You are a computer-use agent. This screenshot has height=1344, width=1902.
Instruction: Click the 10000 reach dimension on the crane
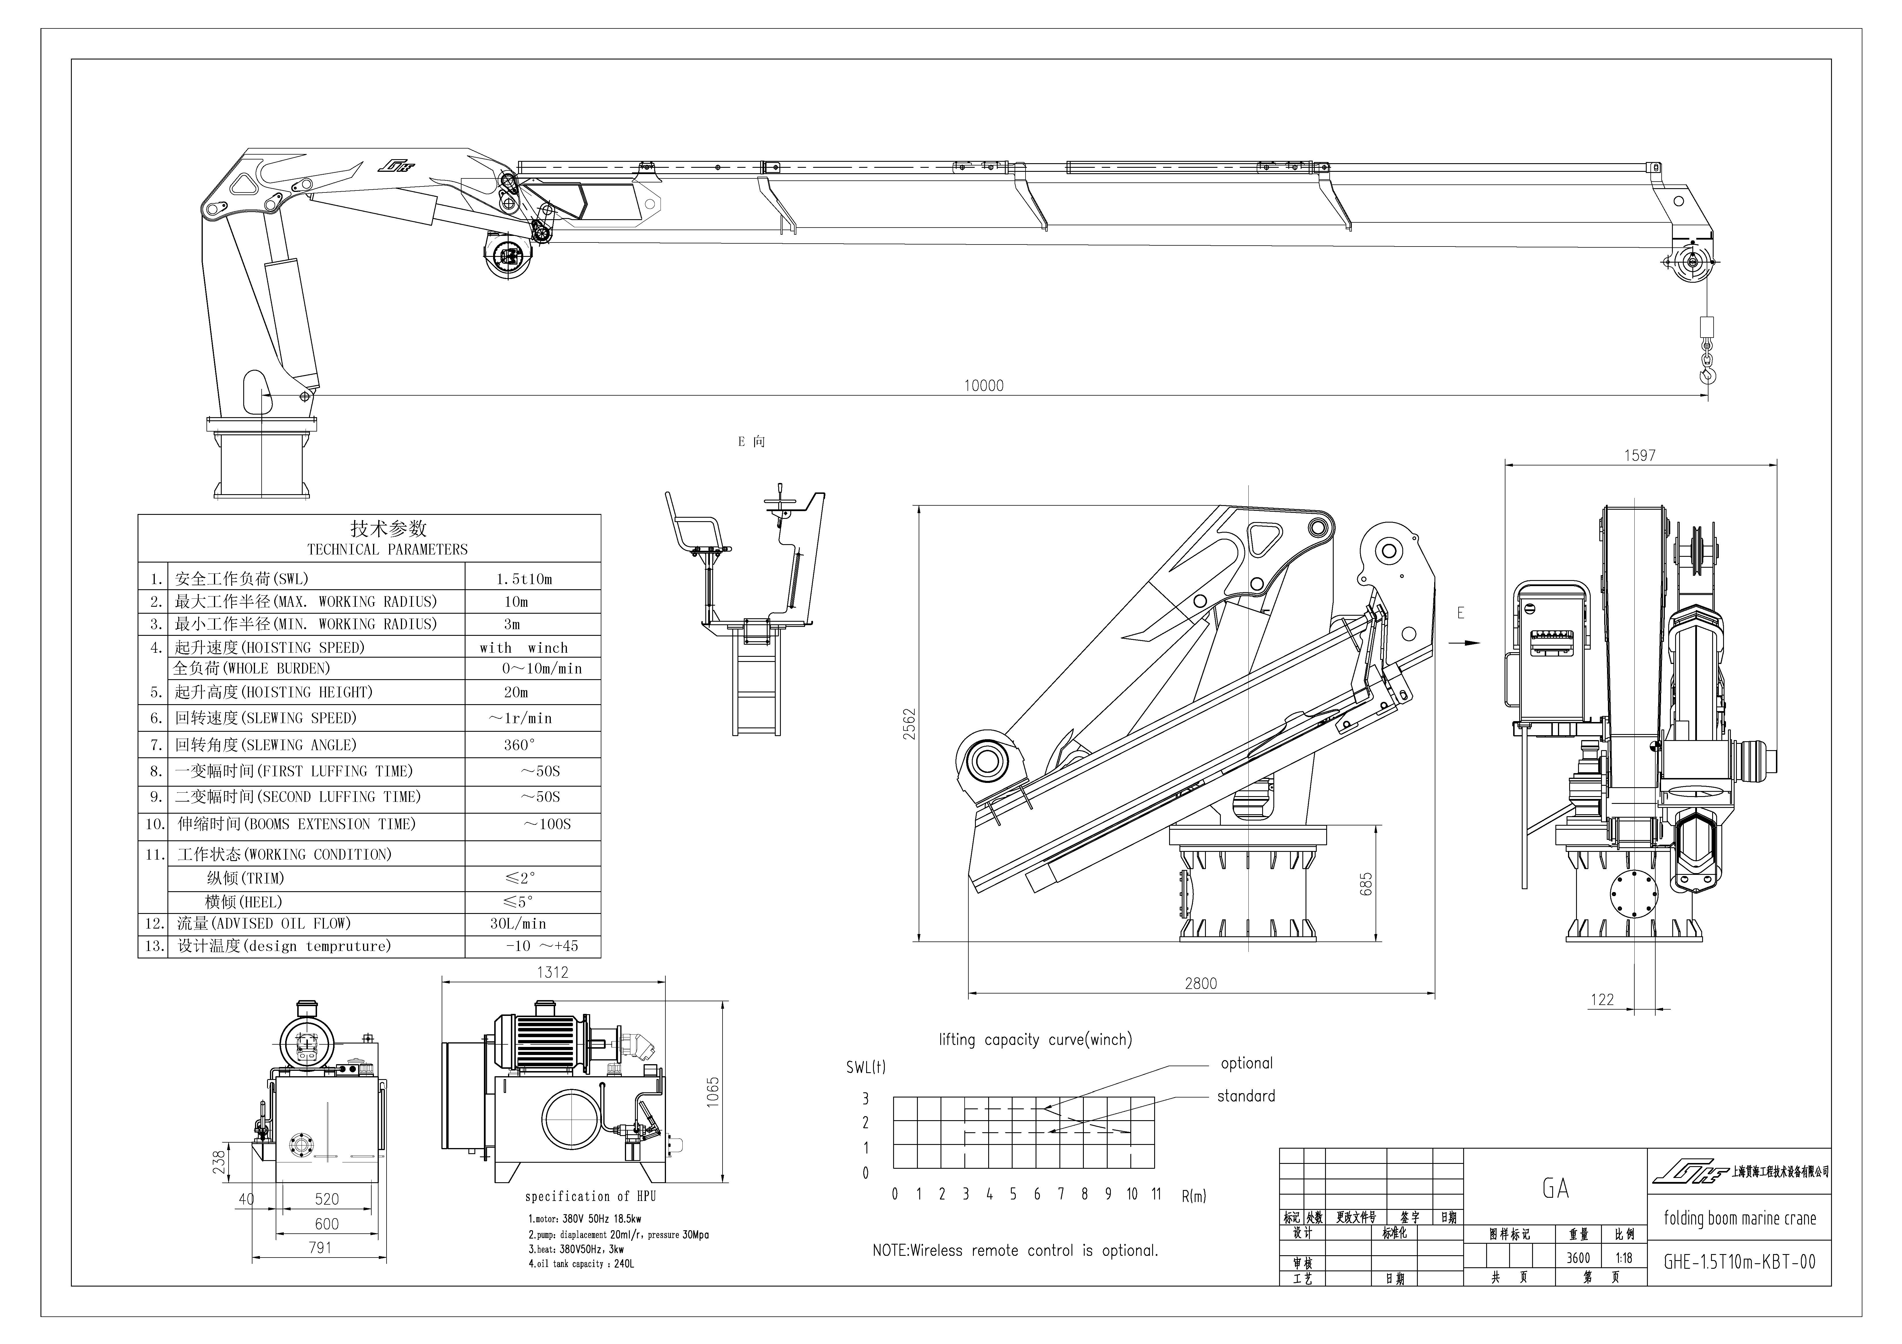(983, 385)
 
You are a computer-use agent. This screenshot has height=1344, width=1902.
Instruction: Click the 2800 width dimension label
(1200, 983)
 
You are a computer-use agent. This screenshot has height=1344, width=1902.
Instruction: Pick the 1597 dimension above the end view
(1640, 455)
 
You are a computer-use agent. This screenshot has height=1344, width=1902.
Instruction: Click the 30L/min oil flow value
(518, 923)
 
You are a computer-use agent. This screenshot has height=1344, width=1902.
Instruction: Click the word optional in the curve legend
(1246, 1063)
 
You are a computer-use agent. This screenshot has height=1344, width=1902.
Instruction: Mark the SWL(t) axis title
(866, 1067)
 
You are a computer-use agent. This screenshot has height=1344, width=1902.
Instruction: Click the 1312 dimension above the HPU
(553, 972)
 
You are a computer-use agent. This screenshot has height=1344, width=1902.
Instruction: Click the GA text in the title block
(1555, 1188)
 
